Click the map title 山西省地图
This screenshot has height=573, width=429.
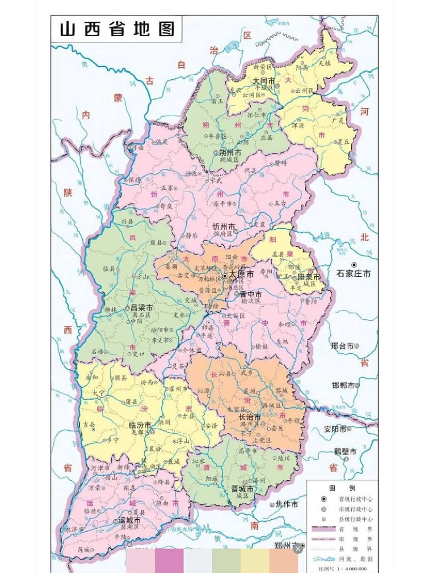[x=117, y=29]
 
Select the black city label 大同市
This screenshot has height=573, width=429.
[x=263, y=81]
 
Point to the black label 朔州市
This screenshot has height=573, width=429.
[x=230, y=153]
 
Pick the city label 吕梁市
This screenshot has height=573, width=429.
[x=142, y=308]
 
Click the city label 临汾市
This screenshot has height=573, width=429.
[x=140, y=424]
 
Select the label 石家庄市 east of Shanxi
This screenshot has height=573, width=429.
[x=353, y=273]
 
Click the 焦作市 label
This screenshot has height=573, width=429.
[x=286, y=504]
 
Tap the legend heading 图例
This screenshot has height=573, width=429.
[x=342, y=488]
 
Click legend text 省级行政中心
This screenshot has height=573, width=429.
[x=356, y=499]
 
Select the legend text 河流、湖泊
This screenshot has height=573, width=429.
[x=356, y=559]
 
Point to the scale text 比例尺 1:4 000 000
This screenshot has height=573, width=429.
[x=342, y=569]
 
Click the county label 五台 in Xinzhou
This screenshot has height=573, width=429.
[x=280, y=203]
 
